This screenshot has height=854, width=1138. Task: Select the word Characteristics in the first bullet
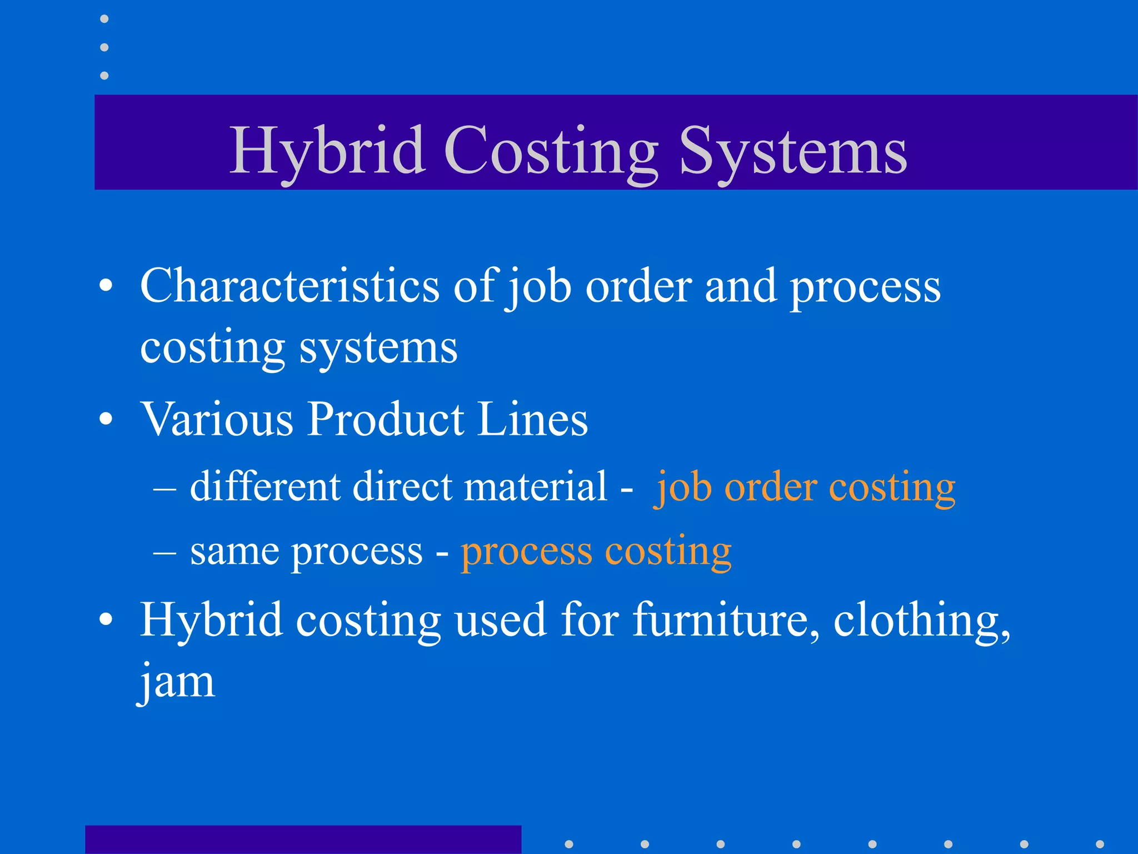(290, 286)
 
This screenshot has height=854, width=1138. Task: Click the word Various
(217, 419)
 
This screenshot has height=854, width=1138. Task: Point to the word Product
(386, 419)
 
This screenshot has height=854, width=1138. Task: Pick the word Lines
(532, 419)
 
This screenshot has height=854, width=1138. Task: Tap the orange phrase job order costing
(805, 488)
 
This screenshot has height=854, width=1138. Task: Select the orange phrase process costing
(596, 552)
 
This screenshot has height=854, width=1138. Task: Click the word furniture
(726, 619)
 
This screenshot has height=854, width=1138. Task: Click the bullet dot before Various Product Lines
(106, 420)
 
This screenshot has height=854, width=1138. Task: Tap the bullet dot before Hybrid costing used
(106, 620)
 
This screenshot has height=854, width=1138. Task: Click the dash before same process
(165, 554)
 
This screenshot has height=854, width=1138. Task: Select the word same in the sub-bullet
(234, 552)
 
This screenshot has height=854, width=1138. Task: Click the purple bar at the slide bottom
(303, 840)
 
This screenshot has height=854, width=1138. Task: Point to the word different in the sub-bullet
(265, 486)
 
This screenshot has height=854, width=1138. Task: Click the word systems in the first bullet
(378, 348)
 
